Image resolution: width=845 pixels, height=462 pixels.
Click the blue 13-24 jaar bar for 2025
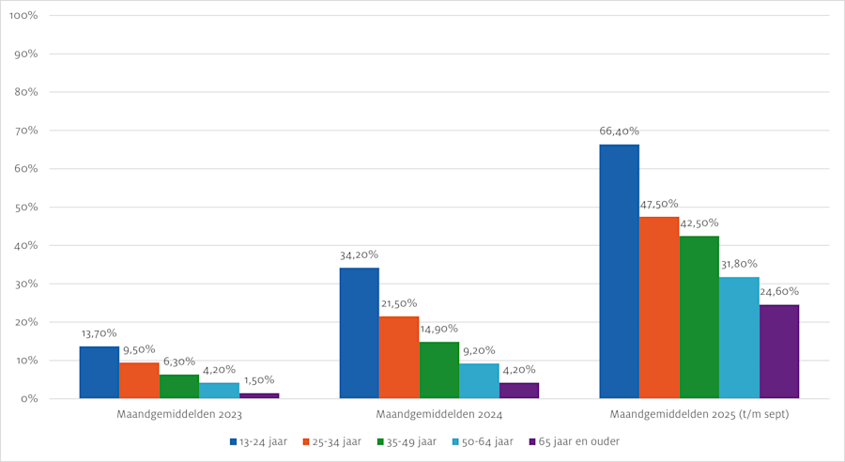click(x=620, y=271)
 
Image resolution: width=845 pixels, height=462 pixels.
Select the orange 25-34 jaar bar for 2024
click(x=399, y=357)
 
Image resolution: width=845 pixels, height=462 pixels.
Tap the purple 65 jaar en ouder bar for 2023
click(x=259, y=395)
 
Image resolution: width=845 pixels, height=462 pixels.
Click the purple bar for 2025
click(x=779, y=351)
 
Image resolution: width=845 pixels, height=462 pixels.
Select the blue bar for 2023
click(x=100, y=372)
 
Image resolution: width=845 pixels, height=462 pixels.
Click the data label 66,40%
click(x=619, y=131)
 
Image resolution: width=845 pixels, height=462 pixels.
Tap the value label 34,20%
click(x=360, y=254)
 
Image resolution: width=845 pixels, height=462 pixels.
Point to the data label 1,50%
click(x=259, y=380)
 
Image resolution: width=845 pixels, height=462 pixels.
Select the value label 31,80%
click(x=739, y=264)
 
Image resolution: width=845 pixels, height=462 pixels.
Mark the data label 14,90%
click(x=439, y=329)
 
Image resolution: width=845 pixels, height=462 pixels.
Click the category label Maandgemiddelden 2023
click(x=179, y=414)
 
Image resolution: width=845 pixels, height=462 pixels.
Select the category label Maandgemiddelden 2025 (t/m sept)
click(x=699, y=414)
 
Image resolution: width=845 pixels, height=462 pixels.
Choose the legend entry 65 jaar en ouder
click(x=574, y=440)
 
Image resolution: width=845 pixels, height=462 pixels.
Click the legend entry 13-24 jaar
click(x=256, y=440)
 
